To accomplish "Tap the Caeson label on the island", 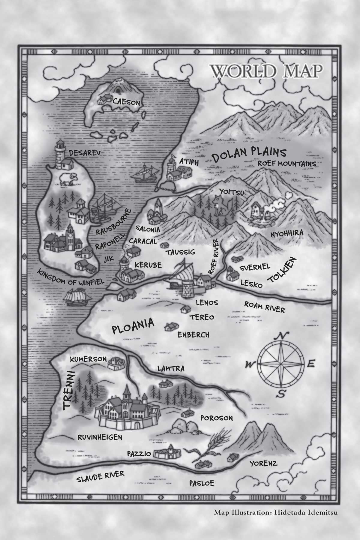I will (x=126, y=102).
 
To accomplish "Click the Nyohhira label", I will (x=287, y=233).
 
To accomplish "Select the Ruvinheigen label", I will (x=100, y=437).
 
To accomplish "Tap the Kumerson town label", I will (x=88, y=359).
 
